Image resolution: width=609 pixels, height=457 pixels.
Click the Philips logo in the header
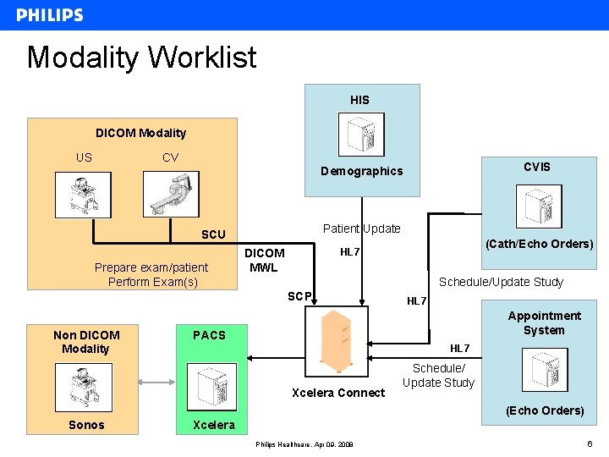coord(50,15)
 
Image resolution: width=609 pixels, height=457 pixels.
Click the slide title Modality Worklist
coord(141,58)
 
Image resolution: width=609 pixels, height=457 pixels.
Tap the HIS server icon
coord(361,135)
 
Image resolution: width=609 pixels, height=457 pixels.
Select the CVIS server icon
coord(538,206)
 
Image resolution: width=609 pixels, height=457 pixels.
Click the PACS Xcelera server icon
coord(211,387)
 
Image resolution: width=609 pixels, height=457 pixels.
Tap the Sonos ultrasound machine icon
coord(83,386)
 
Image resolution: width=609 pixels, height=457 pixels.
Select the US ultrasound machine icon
coord(83,194)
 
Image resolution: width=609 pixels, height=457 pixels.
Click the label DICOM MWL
coord(265,261)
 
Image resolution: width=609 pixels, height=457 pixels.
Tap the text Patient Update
coord(362,228)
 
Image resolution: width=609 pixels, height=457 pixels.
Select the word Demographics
coord(362,171)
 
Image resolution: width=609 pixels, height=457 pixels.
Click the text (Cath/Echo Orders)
coord(540,244)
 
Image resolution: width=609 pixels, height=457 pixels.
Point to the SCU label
coord(213,234)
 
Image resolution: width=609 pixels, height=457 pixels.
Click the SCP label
coord(300,296)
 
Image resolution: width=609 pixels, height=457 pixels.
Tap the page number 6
coord(588,443)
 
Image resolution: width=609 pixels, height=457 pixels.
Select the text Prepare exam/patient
coord(151,267)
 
